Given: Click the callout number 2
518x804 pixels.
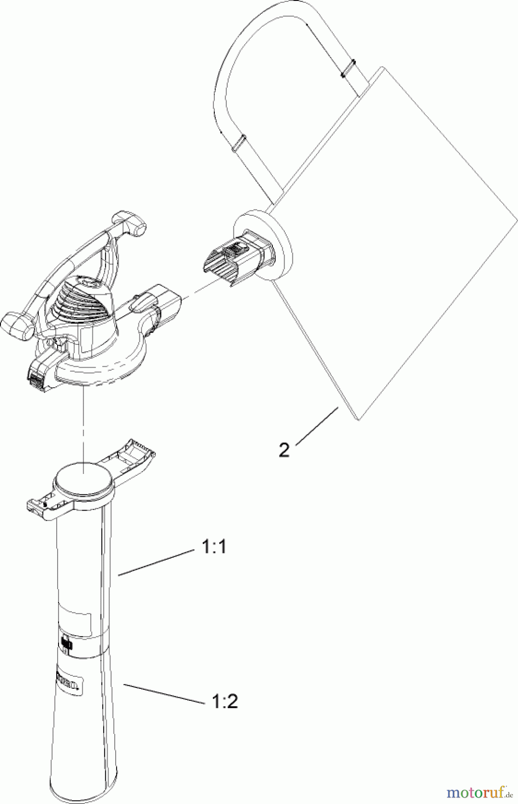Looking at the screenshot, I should pyautogui.click(x=284, y=449).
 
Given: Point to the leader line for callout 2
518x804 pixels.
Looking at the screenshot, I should pyautogui.click(x=316, y=425).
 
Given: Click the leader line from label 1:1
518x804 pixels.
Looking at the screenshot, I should pyautogui.click(x=156, y=563).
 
